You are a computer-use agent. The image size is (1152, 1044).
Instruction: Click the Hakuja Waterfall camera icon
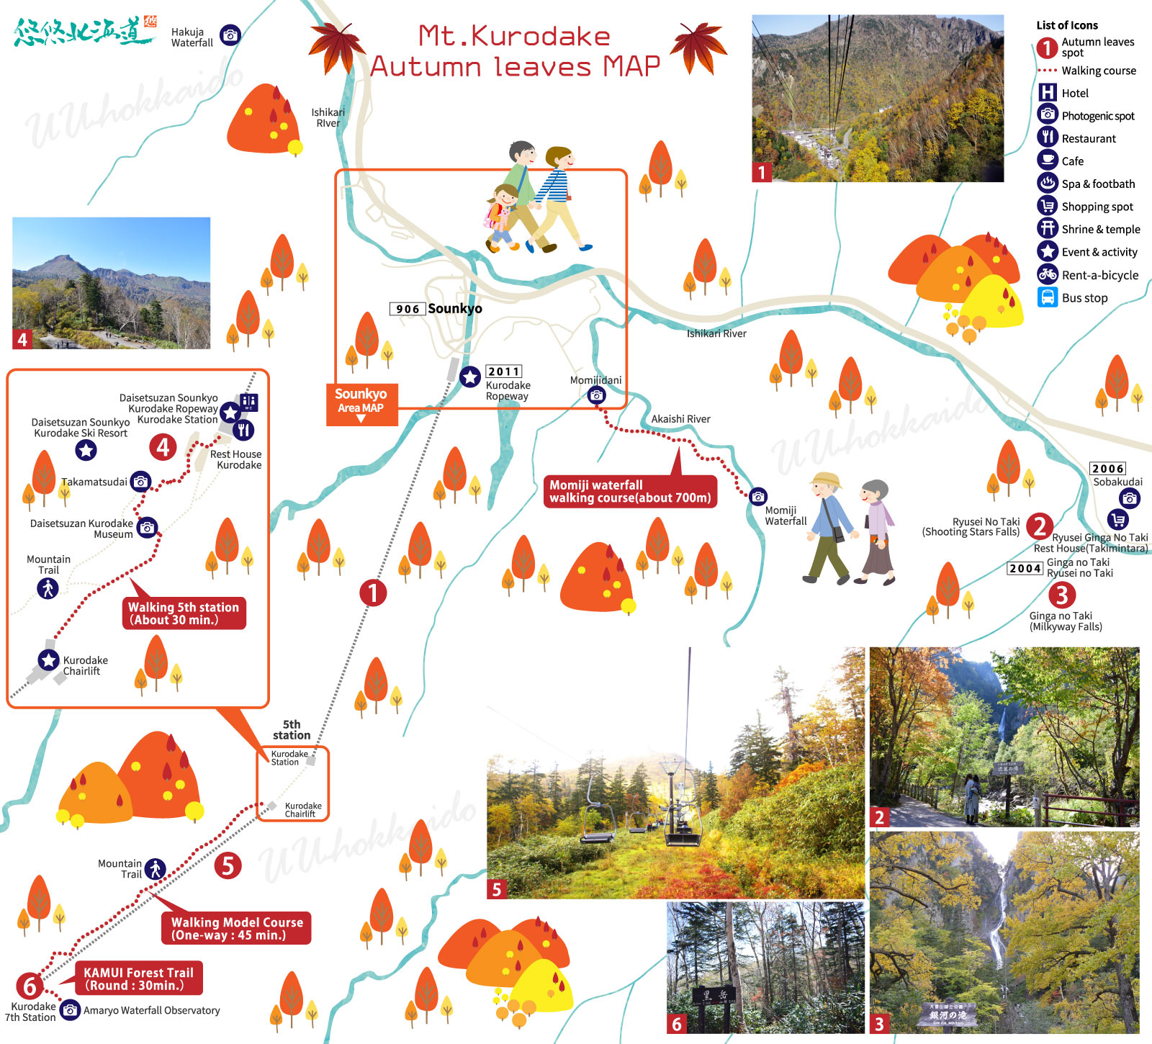tap(230, 35)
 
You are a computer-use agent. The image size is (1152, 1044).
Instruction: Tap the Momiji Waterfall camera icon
tap(758, 496)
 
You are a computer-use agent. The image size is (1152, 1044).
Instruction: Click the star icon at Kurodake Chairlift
tap(48, 660)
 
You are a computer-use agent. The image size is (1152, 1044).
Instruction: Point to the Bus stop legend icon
tap(1048, 297)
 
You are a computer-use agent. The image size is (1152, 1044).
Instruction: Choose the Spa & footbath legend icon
tap(1048, 184)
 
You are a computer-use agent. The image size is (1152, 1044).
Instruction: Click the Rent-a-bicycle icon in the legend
tap(1048, 274)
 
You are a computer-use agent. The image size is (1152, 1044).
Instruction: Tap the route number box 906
tap(408, 309)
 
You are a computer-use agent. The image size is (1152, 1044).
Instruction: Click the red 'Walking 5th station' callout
tap(184, 613)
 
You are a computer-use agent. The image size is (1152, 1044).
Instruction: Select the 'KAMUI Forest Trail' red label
tap(138, 978)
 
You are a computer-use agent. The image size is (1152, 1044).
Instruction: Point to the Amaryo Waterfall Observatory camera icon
tap(70, 1010)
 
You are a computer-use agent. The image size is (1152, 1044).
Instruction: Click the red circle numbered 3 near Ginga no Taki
tap(1061, 595)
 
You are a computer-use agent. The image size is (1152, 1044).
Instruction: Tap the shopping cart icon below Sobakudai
tap(1117, 519)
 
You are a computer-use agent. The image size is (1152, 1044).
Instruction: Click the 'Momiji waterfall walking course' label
tap(630, 491)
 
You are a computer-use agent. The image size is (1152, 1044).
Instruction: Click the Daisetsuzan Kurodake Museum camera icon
tap(147, 528)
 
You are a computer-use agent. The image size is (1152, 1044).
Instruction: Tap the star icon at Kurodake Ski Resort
tap(86, 450)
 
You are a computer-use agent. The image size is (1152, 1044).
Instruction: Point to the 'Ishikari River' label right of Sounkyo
tap(716, 333)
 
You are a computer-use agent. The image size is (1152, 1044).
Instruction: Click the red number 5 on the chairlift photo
tap(496, 889)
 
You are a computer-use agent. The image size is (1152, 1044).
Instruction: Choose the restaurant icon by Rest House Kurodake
tap(244, 431)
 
